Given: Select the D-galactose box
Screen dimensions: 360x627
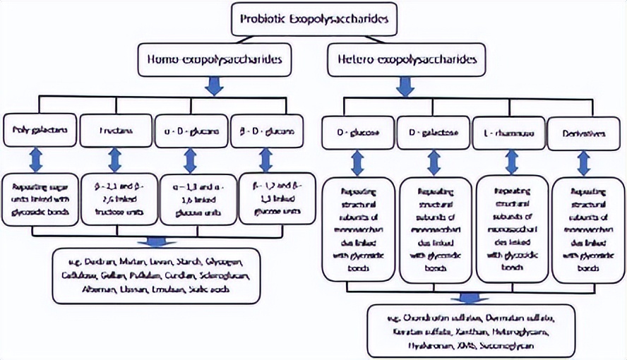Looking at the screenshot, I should pyautogui.click(x=432, y=133).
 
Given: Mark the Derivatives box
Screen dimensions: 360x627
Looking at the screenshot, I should pyautogui.click(x=585, y=133).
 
